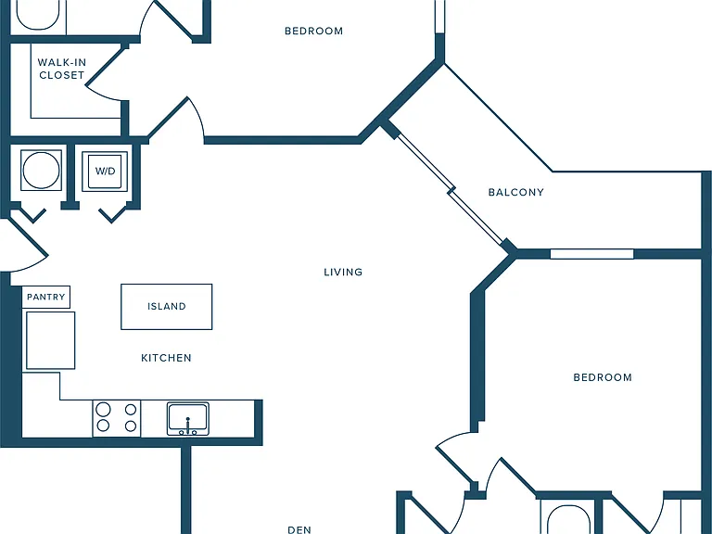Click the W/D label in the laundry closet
pos(105,172)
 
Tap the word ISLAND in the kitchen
pos(167,307)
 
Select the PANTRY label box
pos(45,297)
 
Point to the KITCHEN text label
pos(166,358)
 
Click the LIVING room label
pos(343,272)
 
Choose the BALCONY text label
pos(515,192)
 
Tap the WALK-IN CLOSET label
pos(62,69)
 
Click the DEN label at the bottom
pos(299,529)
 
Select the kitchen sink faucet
pos(187,426)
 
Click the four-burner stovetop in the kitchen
pos(117,418)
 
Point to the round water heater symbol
pos(41,171)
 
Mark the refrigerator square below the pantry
pos(50,340)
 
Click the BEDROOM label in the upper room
pos(313,31)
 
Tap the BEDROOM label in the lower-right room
pos(603,377)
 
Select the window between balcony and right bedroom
pos(591,254)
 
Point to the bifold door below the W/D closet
pos(112,215)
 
